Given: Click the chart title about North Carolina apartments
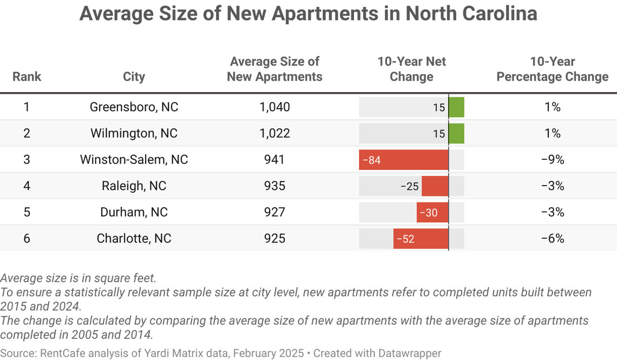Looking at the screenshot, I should tap(308, 14).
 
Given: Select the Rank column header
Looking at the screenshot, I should tap(27, 76).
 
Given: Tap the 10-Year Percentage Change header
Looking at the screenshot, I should tap(552, 69).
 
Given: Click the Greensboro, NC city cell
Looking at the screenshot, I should tap(134, 107).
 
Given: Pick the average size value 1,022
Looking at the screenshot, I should tap(274, 133).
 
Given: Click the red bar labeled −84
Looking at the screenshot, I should tap(403, 160).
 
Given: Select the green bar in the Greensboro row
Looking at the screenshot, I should tap(456, 107).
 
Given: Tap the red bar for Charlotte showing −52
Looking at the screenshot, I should tap(421, 239).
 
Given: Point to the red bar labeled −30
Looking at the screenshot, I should tap(432, 212).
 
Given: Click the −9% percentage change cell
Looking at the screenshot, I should tap(552, 160).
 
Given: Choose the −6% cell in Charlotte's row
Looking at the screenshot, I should tap(552, 239).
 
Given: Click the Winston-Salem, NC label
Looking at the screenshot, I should tap(134, 160).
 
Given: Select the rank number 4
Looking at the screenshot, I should tap(27, 186).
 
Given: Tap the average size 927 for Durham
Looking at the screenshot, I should tap(274, 212).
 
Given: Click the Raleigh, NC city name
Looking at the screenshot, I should tap(134, 186).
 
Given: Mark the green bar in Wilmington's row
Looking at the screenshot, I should tap(456, 133).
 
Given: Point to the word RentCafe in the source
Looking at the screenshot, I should tap(62, 354).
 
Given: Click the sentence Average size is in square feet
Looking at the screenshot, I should tap(78, 278).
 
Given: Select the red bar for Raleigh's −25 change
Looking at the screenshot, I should tap(435, 186).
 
